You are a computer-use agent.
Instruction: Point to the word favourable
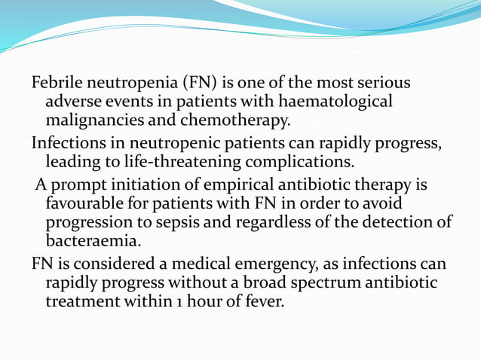click(82, 204)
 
